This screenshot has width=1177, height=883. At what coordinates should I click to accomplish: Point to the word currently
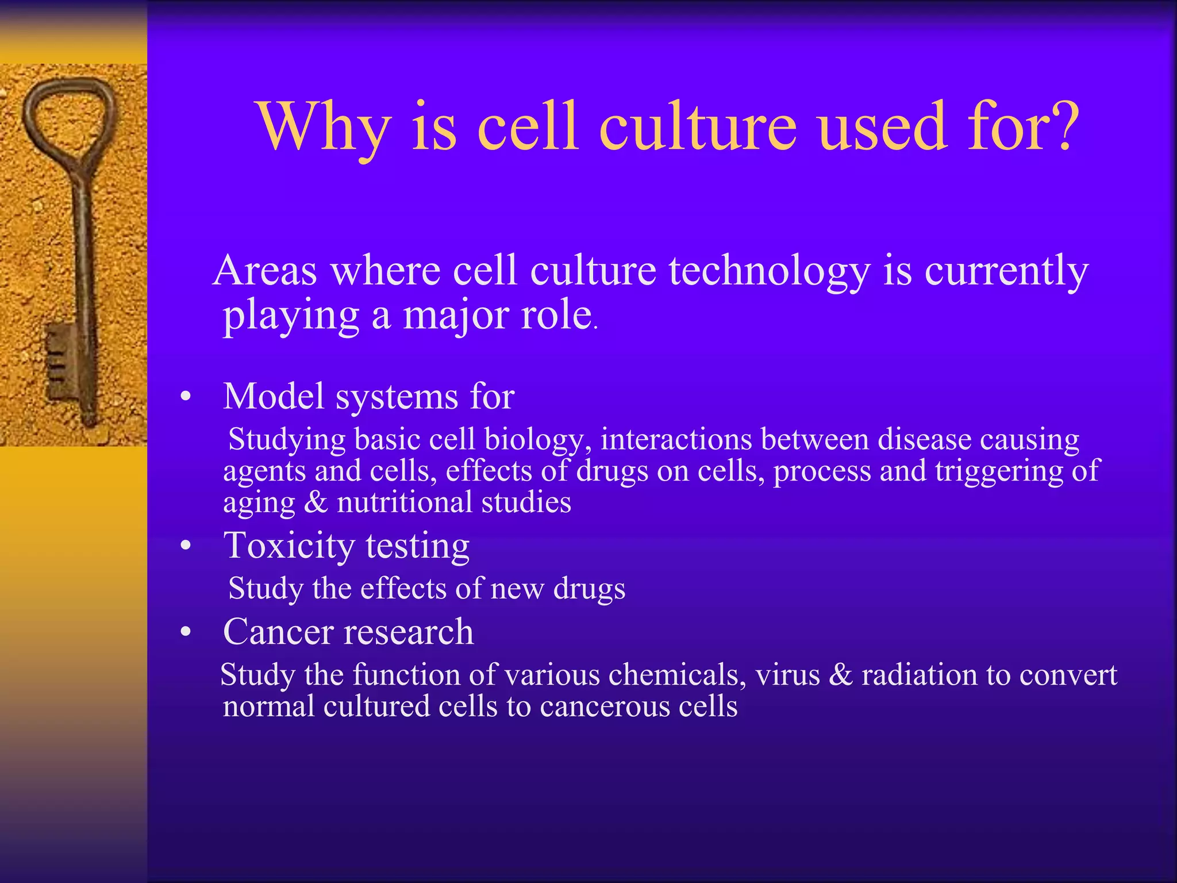click(1006, 271)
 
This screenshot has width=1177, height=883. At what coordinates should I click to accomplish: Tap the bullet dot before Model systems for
click(185, 397)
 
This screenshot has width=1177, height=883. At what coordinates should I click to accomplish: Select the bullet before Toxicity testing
click(185, 546)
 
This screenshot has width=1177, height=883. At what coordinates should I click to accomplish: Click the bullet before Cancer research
click(185, 632)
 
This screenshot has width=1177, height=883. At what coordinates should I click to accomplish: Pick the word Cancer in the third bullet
click(279, 632)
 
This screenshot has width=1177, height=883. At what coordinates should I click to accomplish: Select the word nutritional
click(405, 502)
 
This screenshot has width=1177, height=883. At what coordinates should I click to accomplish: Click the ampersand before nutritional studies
click(316, 502)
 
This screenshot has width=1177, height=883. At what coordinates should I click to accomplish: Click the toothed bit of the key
click(60, 362)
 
